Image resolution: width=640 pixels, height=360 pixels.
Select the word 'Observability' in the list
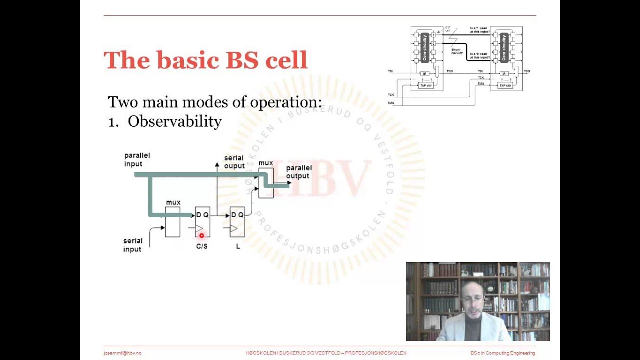175,121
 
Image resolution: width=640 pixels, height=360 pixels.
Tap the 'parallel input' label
137,160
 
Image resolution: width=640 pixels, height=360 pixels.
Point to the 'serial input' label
133,245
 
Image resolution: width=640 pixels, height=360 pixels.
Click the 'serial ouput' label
234,162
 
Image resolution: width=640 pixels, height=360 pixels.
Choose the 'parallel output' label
299,172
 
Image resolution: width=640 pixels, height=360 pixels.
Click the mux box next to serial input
173,222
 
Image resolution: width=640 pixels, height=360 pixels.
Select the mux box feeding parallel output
266,183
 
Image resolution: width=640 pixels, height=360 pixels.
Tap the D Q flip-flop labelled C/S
202,222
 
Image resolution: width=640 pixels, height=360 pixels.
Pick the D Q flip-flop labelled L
237,222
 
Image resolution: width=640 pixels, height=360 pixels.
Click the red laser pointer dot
202,236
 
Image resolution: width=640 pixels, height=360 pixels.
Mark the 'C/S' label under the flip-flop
202,246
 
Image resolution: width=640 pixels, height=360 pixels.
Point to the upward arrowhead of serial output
217,164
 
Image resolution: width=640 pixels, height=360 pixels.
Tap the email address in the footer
122,353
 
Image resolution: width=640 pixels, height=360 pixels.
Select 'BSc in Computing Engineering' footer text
502,353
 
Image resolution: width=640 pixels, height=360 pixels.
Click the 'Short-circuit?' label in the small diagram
456,51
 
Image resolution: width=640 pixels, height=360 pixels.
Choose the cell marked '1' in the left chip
433,35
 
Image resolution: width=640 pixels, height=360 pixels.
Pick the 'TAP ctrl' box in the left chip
425,85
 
